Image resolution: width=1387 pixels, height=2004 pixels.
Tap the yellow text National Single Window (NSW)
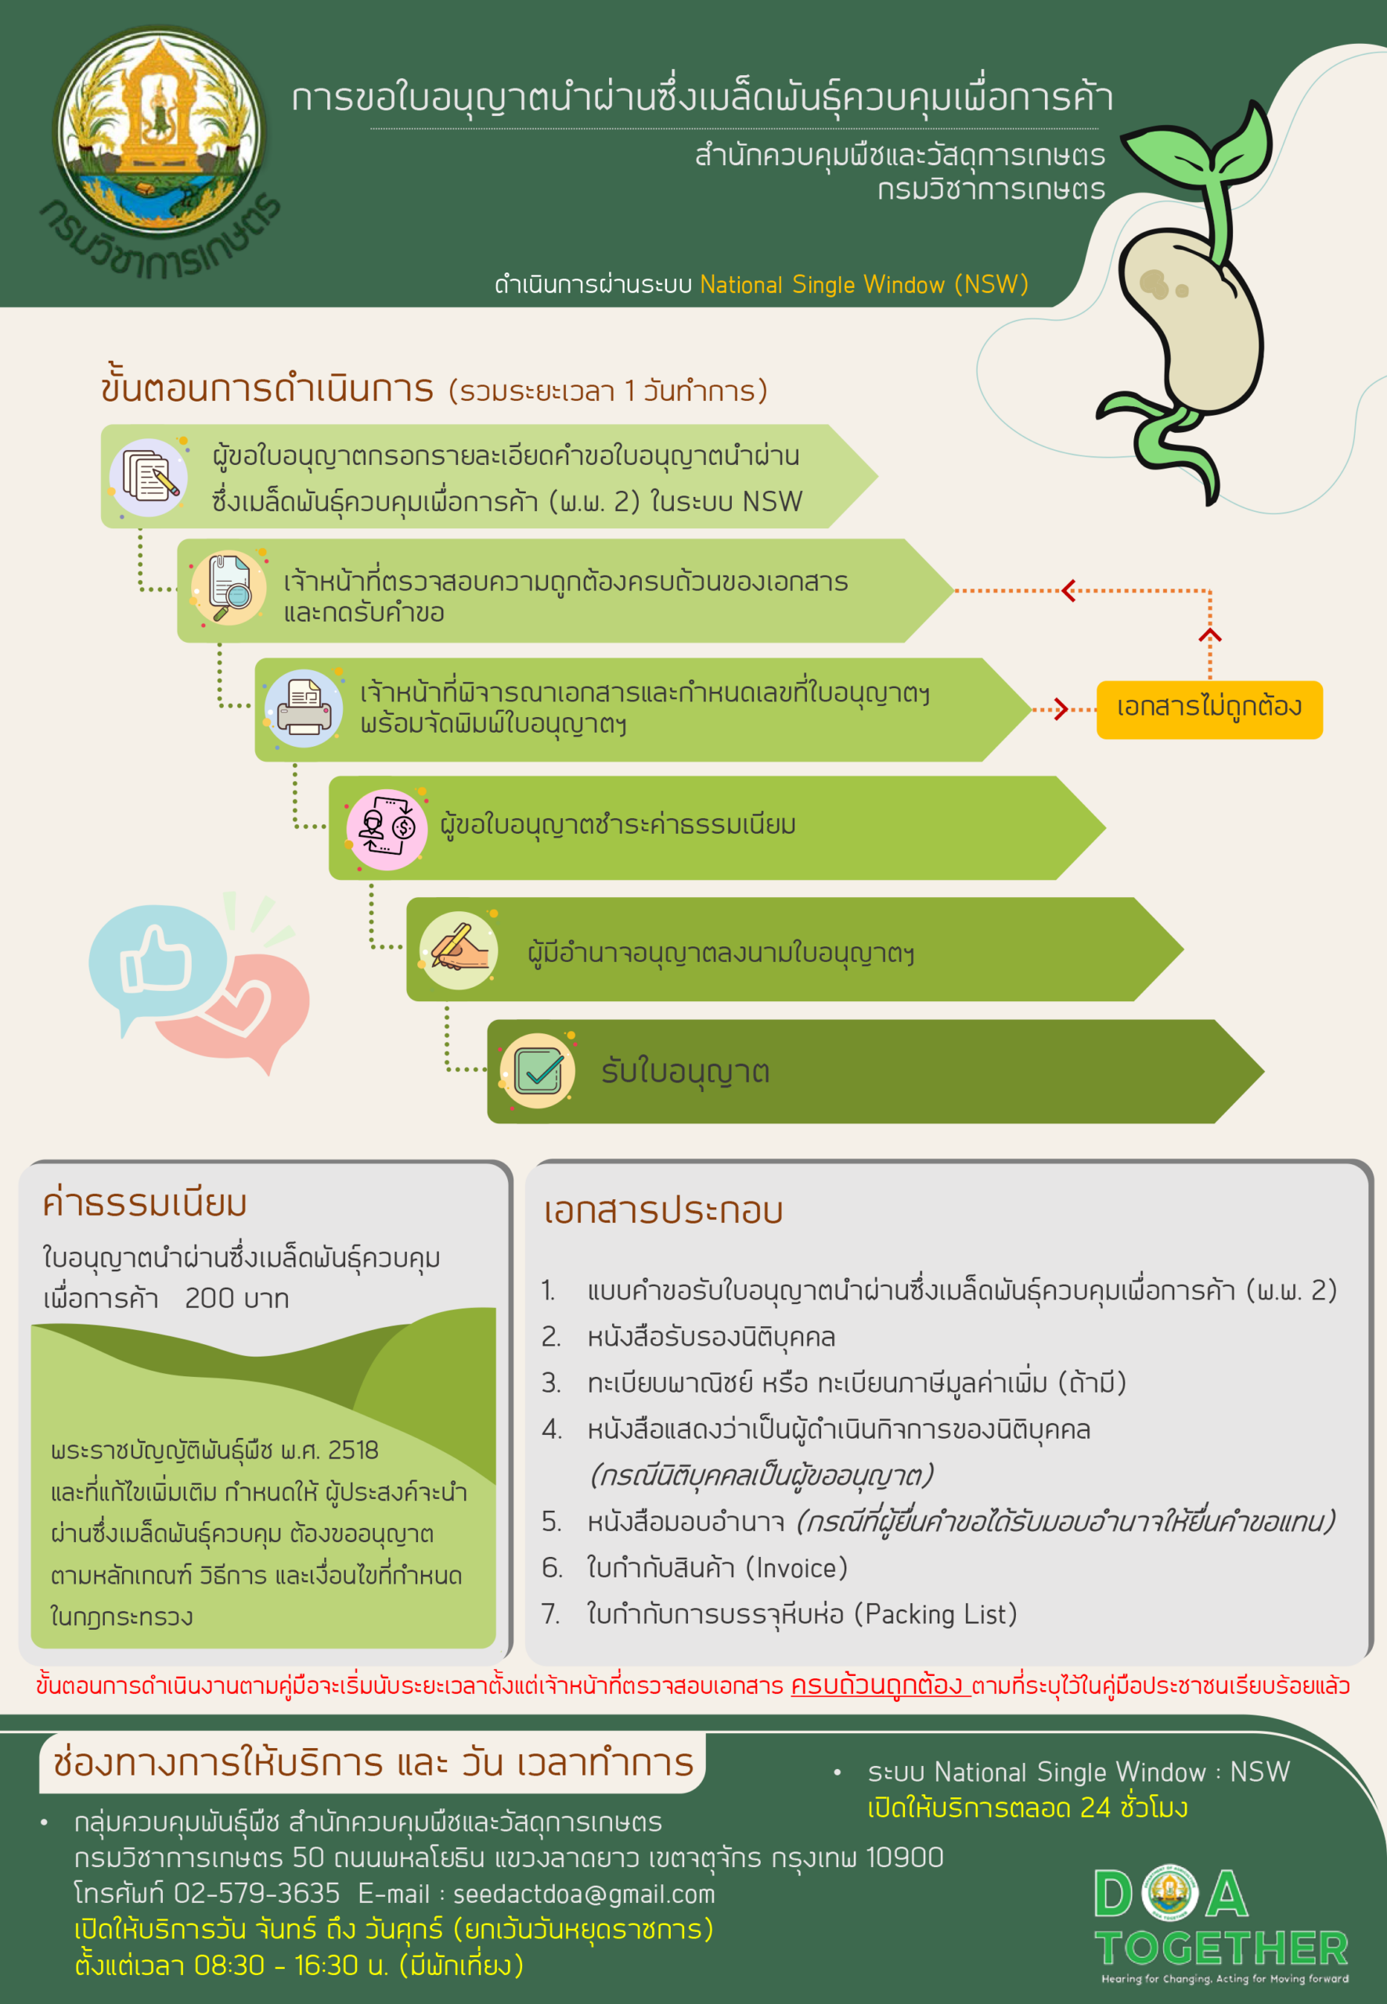click(864, 285)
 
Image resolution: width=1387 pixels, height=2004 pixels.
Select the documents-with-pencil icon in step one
click(149, 477)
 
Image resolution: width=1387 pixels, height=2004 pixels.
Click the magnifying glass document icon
click(229, 589)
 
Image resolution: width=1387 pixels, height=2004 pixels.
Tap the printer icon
click(303, 708)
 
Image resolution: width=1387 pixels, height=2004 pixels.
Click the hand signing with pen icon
click(458, 950)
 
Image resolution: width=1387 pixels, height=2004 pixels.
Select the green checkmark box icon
click(537, 1071)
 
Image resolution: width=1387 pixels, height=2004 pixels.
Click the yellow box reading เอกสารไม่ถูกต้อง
click(1209, 710)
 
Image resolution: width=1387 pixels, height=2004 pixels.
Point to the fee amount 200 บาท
click(236, 1299)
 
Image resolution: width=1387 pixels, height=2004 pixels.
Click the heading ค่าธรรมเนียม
click(145, 1204)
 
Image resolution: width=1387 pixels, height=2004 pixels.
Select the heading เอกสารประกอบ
click(663, 1210)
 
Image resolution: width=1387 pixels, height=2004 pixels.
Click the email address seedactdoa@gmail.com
click(584, 1894)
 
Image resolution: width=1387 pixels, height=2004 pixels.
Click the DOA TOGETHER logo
click(1221, 1924)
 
